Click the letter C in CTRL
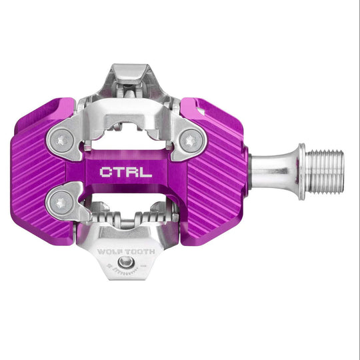(107, 171)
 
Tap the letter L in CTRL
(146, 171)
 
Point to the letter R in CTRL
(133, 171)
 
